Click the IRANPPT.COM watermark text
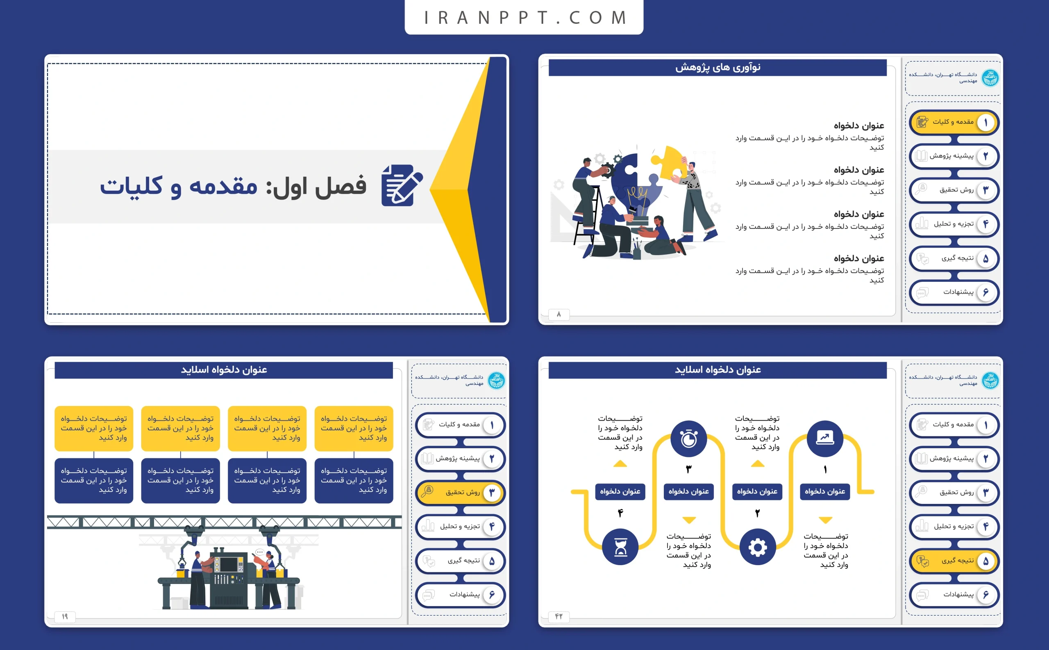pos(524,18)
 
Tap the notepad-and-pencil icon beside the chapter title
pos(402,185)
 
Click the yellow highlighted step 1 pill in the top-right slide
pos(954,123)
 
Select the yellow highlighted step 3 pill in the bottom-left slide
pos(460,492)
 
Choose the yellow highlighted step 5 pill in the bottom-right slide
pos(954,561)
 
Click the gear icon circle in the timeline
pos(757,547)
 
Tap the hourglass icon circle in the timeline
pos(620,547)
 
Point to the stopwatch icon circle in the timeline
pos(688,438)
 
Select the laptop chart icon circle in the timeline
pos(825,438)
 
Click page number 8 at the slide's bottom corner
pos(559,315)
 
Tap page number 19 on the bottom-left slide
pos(65,616)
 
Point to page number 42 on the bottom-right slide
pos(559,616)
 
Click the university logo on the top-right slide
pos(990,78)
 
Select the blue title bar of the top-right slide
pos(717,68)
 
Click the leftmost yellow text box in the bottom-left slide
pos(94,428)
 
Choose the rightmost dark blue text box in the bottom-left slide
pos(354,480)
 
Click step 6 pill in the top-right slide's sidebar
pos(954,293)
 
